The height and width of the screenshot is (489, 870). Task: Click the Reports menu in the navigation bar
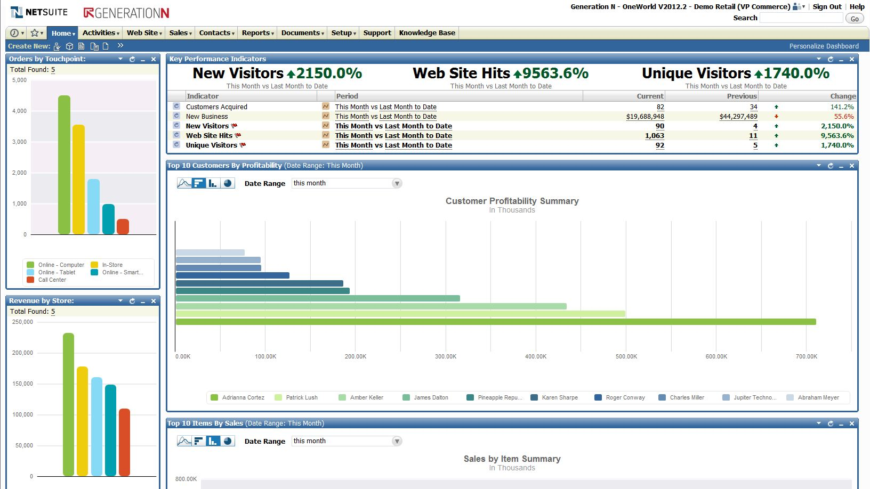coord(257,33)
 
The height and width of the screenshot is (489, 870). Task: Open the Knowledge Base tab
coord(427,33)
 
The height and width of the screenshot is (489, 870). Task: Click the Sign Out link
coord(827,7)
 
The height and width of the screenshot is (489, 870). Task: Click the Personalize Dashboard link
coord(824,46)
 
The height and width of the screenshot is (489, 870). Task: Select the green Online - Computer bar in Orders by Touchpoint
coord(64,165)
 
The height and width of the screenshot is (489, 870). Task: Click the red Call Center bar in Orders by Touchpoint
coord(123,226)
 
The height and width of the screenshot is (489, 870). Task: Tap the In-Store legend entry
coord(112,265)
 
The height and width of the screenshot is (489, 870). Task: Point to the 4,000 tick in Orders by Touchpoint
coord(19,111)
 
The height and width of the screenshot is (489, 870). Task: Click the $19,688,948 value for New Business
coord(645,117)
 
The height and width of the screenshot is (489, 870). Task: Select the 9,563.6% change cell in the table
coord(837,136)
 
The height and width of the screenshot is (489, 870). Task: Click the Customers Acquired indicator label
coord(216,107)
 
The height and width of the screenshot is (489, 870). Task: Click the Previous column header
coord(742,96)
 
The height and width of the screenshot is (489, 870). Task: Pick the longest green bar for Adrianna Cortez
coord(496,322)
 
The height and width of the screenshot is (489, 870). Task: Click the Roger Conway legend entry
coord(625,397)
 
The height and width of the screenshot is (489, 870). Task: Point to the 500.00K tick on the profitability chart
coord(626,356)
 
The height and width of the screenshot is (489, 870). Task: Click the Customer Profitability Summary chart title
coord(512,201)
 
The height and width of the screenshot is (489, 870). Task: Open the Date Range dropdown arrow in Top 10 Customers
coord(397,183)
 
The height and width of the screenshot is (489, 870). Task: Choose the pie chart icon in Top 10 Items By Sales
coord(228,441)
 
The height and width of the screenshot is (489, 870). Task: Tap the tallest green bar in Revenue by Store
coord(68,405)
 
